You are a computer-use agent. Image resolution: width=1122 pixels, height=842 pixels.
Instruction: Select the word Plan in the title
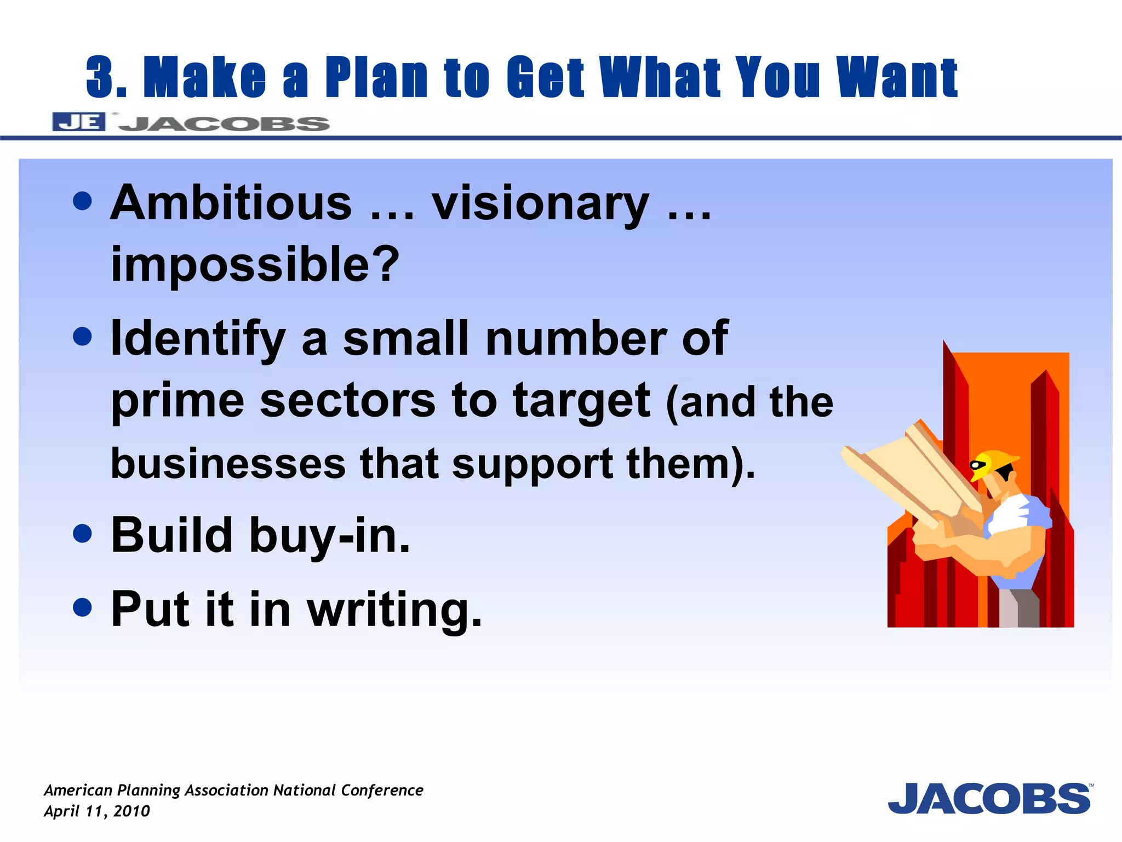[x=376, y=77]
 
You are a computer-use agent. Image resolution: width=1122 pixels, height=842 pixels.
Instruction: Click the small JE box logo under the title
[x=78, y=122]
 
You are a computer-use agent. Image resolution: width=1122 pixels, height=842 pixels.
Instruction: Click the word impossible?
[x=255, y=264]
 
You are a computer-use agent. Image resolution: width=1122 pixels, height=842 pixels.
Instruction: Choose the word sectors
[x=347, y=400]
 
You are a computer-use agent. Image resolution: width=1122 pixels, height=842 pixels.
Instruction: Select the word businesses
[x=228, y=463]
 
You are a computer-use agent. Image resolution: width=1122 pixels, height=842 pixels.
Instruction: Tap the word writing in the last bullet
[x=394, y=610]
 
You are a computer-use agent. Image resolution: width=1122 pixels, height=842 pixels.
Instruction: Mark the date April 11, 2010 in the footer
[x=97, y=811]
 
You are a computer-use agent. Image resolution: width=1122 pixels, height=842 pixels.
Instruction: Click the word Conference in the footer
[x=382, y=790]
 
